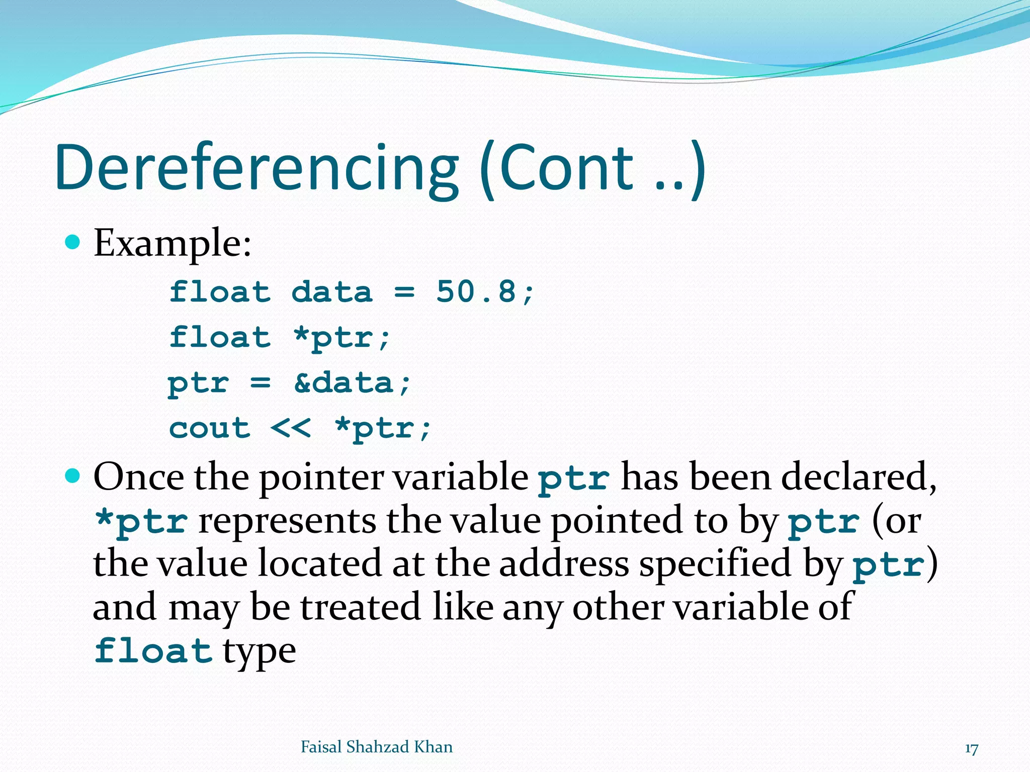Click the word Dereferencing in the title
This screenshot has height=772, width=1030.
256,168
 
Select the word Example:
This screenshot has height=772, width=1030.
173,244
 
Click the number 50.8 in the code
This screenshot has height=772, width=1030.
476,292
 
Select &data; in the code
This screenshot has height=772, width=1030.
352,383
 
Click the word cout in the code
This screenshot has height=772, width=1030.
210,429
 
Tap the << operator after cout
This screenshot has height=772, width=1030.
290,429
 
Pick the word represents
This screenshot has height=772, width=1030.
287,521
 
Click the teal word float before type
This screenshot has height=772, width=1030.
153,650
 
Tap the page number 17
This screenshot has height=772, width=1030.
971,749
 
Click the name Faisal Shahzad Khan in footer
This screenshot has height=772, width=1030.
376,747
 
